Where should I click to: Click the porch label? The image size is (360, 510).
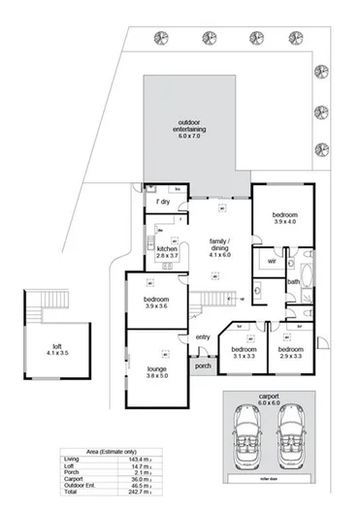pyautogui.click(x=203, y=367)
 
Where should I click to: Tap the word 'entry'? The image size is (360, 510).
pyautogui.click(x=202, y=336)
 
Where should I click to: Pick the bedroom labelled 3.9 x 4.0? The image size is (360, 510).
pyautogui.click(x=283, y=216)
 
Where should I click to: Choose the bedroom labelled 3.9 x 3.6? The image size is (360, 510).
pyautogui.click(x=157, y=303)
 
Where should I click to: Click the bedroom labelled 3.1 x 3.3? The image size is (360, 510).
pyautogui.click(x=243, y=352)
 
